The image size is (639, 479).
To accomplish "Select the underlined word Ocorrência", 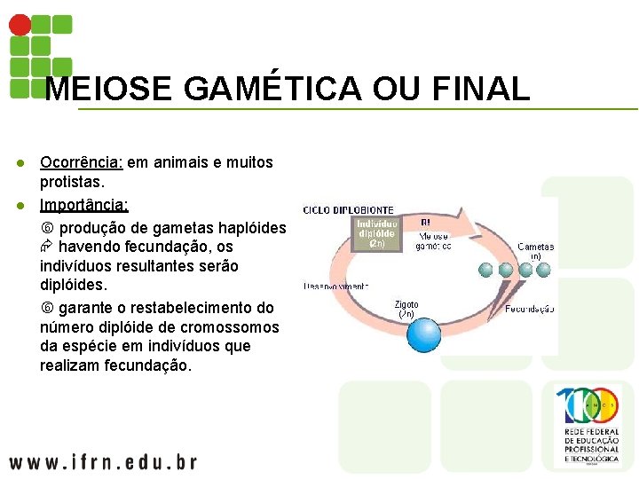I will tap(81, 162).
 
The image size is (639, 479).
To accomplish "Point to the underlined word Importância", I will tap(84, 205).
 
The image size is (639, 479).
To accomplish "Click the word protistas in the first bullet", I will tap(72, 182).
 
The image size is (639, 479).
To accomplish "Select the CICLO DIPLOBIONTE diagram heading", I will tap(349, 210).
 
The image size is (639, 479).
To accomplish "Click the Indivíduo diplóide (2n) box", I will tap(375, 233).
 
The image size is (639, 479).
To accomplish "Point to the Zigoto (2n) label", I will tap(406, 309).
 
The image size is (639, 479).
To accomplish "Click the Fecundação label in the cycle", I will tap(530, 309).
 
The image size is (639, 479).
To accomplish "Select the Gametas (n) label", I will tap(535, 251).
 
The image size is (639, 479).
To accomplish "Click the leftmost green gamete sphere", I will tap(485, 271).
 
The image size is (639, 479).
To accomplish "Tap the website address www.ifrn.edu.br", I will tap(103, 462).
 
